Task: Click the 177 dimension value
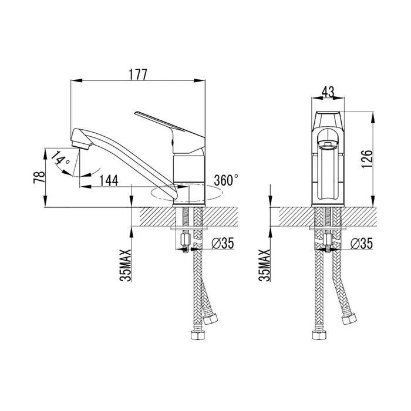138,75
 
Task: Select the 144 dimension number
109,180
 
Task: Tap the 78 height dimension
38,178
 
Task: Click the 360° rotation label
226,180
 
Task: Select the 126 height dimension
367,159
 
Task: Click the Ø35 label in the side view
223,244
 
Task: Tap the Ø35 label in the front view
362,244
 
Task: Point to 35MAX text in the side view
126,265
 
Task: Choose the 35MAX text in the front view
264,265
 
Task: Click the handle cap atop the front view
328,119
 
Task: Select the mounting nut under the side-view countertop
185,240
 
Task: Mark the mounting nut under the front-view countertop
328,240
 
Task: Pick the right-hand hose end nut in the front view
349,318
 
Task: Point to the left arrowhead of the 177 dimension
76,81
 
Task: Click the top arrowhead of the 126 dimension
372,117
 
